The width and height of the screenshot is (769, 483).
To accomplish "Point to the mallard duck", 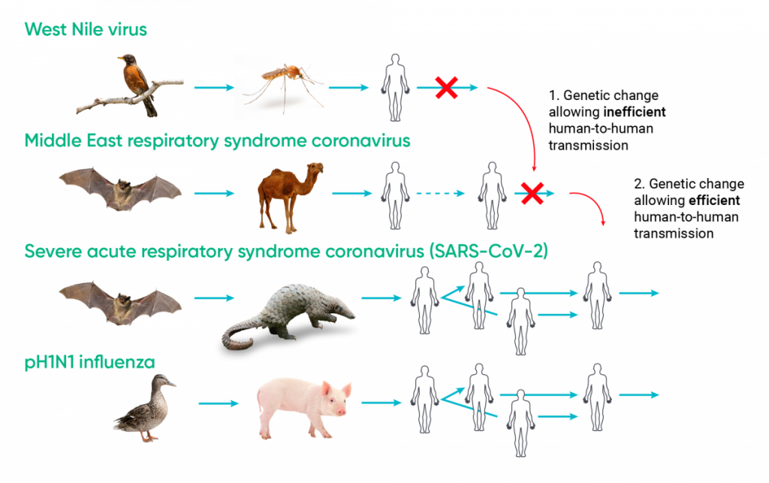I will click(144, 409).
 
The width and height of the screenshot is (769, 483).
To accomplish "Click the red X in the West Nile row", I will click(445, 88).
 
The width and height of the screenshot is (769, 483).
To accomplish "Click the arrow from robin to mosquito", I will click(215, 88).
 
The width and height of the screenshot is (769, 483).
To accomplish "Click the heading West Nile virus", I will click(86, 29).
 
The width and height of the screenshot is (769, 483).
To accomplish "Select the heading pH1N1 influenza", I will click(89, 363).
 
